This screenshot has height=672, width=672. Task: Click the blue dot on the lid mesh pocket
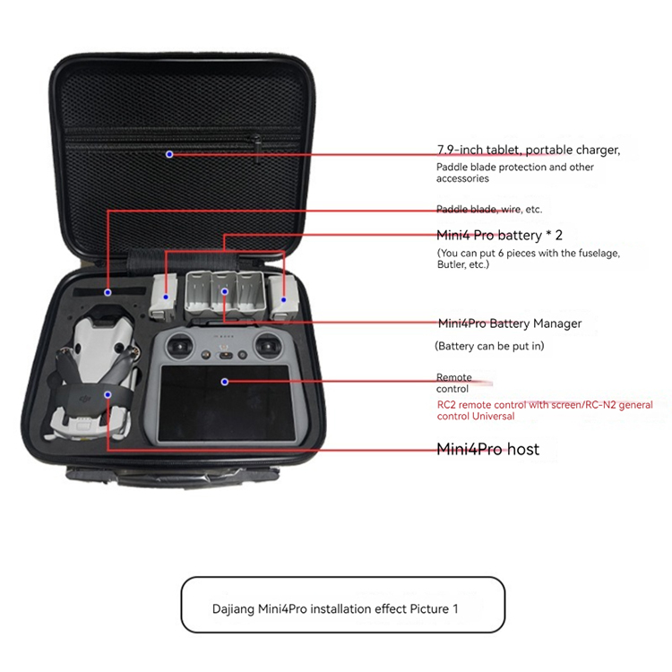(x=169, y=154)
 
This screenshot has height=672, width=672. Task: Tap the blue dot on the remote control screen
(x=225, y=382)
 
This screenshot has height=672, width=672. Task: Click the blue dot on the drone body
(x=108, y=394)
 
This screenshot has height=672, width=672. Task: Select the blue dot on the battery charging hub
(x=225, y=292)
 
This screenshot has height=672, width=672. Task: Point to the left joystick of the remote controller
(x=179, y=346)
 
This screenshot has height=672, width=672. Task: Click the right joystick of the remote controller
(x=268, y=346)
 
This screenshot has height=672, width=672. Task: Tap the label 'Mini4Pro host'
(x=487, y=449)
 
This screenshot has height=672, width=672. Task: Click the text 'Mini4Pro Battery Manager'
(x=510, y=323)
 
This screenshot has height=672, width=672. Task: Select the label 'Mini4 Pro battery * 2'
(x=499, y=236)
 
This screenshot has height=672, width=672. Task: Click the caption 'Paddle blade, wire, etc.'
(x=489, y=209)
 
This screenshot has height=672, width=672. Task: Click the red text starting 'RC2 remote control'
(x=545, y=410)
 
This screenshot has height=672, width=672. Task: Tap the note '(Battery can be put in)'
(x=489, y=346)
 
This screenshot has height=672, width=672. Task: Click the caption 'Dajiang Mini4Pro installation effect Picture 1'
(x=335, y=608)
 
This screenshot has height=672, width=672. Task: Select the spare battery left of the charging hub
(x=163, y=297)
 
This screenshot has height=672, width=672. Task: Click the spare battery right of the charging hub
(x=284, y=298)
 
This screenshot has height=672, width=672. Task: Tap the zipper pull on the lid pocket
(x=257, y=149)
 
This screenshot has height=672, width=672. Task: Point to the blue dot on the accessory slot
(x=108, y=292)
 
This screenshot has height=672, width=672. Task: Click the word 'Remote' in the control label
(x=454, y=377)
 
